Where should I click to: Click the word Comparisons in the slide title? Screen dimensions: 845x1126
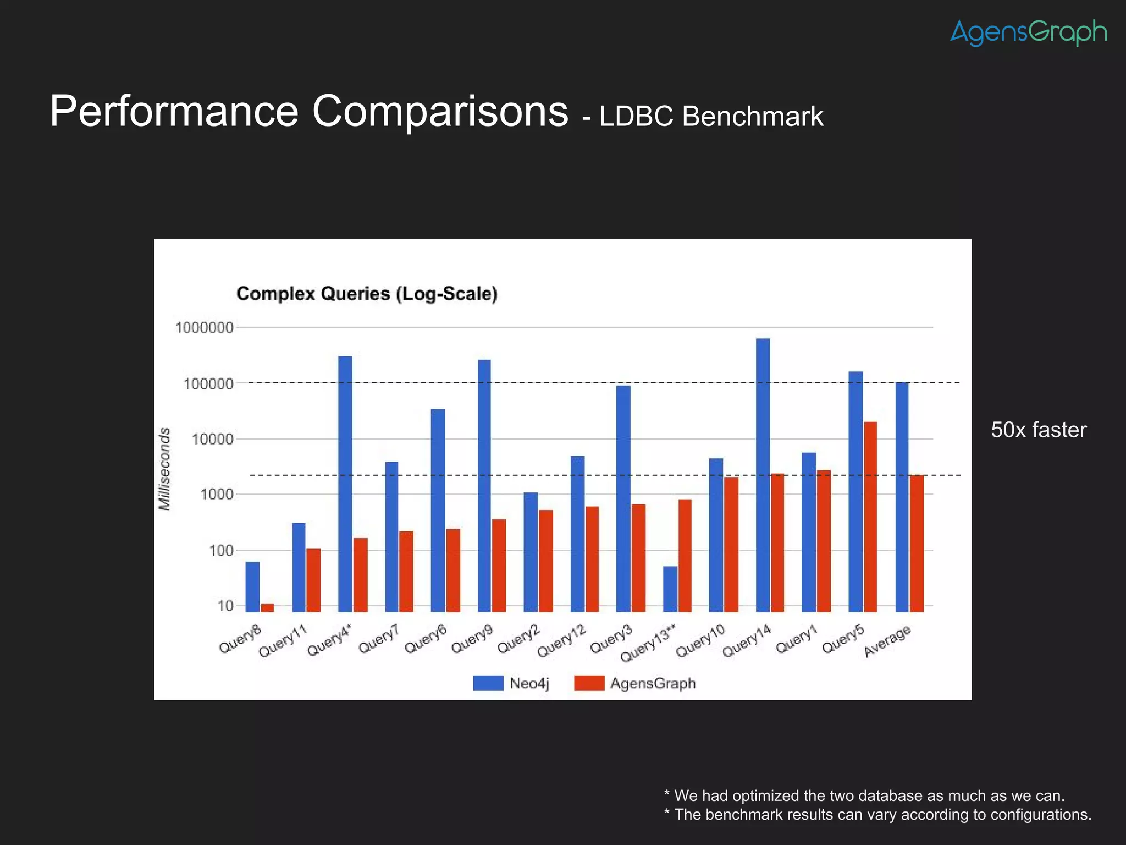pos(440,112)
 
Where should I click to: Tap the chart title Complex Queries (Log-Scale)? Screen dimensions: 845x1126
pos(367,294)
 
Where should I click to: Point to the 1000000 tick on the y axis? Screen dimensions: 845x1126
pos(204,328)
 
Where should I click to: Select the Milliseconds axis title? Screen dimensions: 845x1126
pos(164,469)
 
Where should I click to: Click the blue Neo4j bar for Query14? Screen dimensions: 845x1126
pos(763,473)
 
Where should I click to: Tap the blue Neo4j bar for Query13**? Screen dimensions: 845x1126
pos(670,589)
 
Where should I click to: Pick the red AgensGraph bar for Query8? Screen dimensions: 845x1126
pos(267,607)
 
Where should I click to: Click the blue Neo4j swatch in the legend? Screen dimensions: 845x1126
pos(488,683)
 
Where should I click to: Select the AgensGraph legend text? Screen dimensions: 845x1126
pos(653,683)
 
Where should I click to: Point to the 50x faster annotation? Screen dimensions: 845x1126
pos(1038,430)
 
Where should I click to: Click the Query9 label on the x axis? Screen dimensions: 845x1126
pos(472,640)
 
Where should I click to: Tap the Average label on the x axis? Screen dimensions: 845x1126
pos(887,641)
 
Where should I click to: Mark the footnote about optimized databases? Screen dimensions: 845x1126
pos(864,795)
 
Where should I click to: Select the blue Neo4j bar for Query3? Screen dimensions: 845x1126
pos(623,498)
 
